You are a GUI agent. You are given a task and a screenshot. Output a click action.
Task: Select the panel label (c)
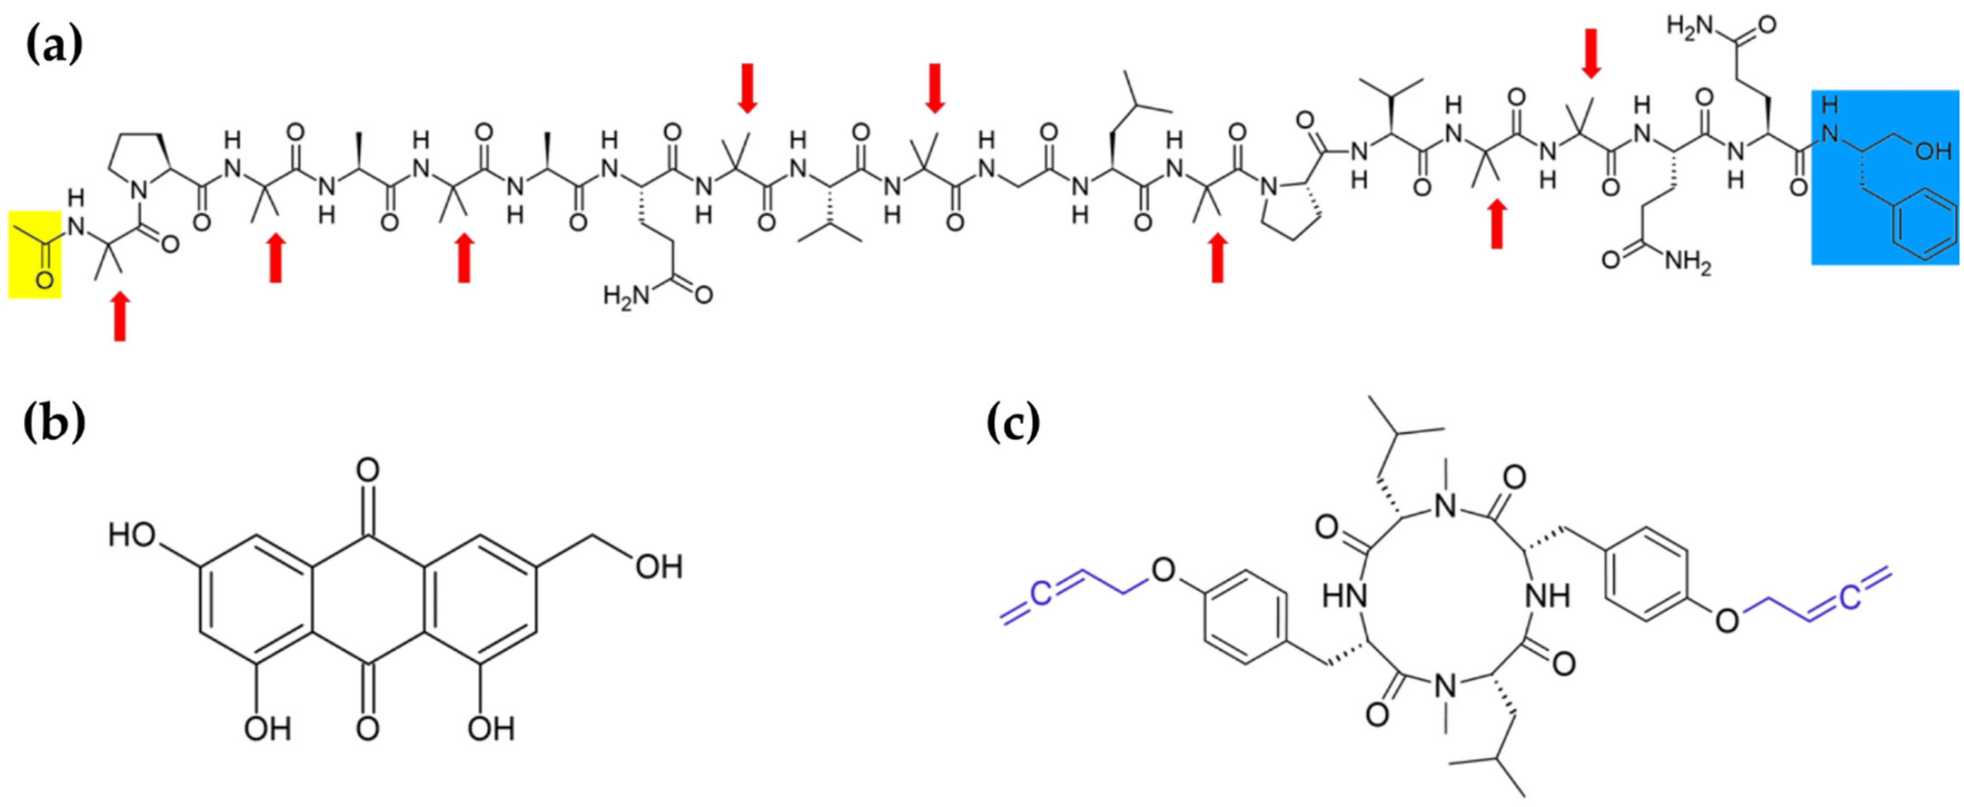[1013, 424]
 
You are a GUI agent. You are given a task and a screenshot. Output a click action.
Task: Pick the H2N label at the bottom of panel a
[625, 295]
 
